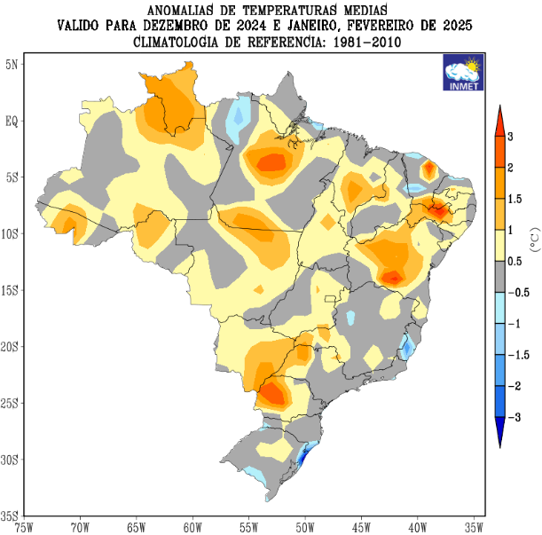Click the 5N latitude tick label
14,64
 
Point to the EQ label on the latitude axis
14,121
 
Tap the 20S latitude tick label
12,347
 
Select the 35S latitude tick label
12,515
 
